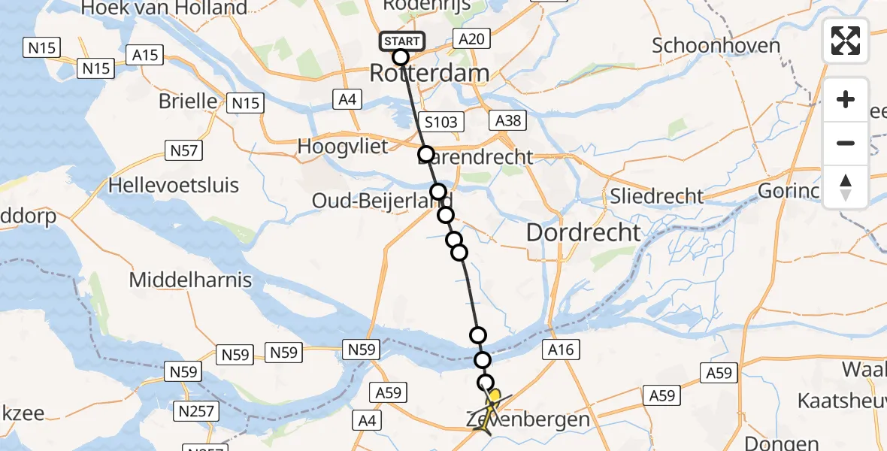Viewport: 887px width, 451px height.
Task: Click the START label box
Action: click(403, 41)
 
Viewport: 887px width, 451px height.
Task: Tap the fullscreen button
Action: click(846, 41)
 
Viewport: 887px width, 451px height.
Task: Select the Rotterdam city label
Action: click(429, 74)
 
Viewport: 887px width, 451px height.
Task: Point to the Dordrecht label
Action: click(584, 232)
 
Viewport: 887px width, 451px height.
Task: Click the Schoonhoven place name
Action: click(716, 45)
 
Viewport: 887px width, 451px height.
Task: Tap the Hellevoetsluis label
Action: click(174, 185)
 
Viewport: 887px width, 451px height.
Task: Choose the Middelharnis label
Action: click(190, 280)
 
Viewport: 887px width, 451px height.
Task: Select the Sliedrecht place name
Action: click(657, 196)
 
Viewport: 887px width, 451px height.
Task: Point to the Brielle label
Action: click(188, 101)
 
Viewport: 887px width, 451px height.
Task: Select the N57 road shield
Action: click(183, 151)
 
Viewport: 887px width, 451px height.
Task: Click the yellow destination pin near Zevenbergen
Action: click(495, 396)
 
